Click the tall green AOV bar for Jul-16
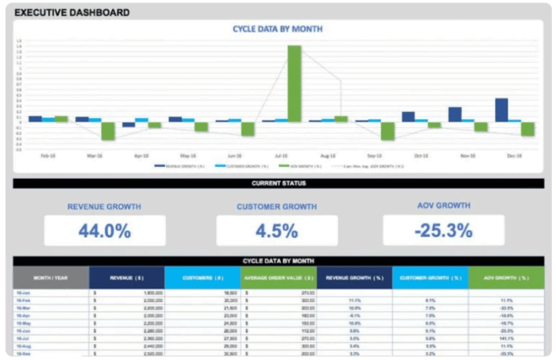294,83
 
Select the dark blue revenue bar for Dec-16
501,110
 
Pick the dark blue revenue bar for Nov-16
454,114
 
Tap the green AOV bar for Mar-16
108,130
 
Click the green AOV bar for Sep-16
388,130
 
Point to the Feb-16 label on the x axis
48,157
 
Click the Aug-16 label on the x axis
328,157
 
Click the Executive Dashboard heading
72,13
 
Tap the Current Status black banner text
277,184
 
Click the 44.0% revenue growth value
104,230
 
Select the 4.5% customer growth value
277,230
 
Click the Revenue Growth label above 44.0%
104,207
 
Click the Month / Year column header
50,277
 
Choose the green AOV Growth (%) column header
506,277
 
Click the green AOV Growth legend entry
303,166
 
